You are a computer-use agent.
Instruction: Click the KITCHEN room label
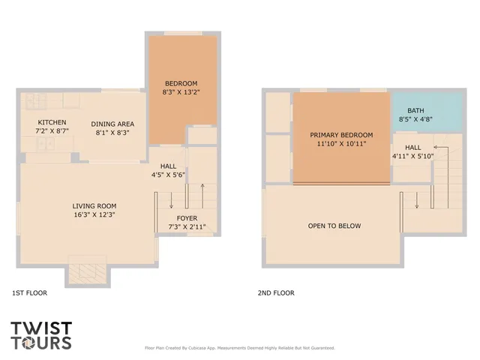(52, 122)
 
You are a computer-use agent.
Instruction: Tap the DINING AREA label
(112, 124)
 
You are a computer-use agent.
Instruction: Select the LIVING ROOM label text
(94, 205)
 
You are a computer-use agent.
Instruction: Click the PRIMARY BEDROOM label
(341, 135)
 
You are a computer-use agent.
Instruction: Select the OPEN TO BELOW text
(334, 226)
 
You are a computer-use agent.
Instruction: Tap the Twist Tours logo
(41, 335)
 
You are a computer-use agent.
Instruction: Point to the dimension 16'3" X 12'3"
(94, 214)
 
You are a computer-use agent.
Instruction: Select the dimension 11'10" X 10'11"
(341, 144)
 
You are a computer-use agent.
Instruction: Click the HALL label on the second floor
(412, 147)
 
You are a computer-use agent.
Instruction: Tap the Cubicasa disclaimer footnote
(239, 348)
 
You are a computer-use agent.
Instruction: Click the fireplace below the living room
(82, 273)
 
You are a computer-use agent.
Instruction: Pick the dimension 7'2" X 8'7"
(52, 131)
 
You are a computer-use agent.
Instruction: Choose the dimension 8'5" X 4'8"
(415, 119)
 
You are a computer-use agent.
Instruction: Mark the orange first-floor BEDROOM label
(181, 82)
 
